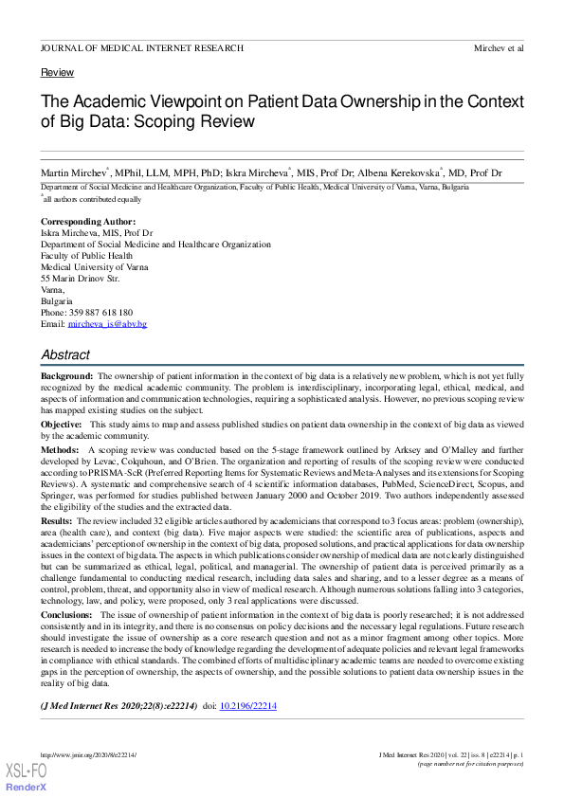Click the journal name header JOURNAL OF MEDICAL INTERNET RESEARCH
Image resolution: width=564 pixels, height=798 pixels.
(x=141, y=47)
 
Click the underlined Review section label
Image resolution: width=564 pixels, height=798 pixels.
(x=57, y=73)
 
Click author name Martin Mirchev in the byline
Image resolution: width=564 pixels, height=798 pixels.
(x=74, y=173)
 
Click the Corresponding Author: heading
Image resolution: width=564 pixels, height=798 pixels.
(x=88, y=222)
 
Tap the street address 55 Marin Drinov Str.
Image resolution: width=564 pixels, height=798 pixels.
(x=81, y=279)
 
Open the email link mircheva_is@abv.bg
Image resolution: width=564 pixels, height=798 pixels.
(x=107, y=324)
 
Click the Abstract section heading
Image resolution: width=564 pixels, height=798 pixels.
(x=65, y=355)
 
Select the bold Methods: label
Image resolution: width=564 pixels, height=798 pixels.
(x=60, y=451)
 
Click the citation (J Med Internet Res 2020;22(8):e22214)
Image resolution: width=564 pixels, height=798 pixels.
(x=118, y=706)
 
